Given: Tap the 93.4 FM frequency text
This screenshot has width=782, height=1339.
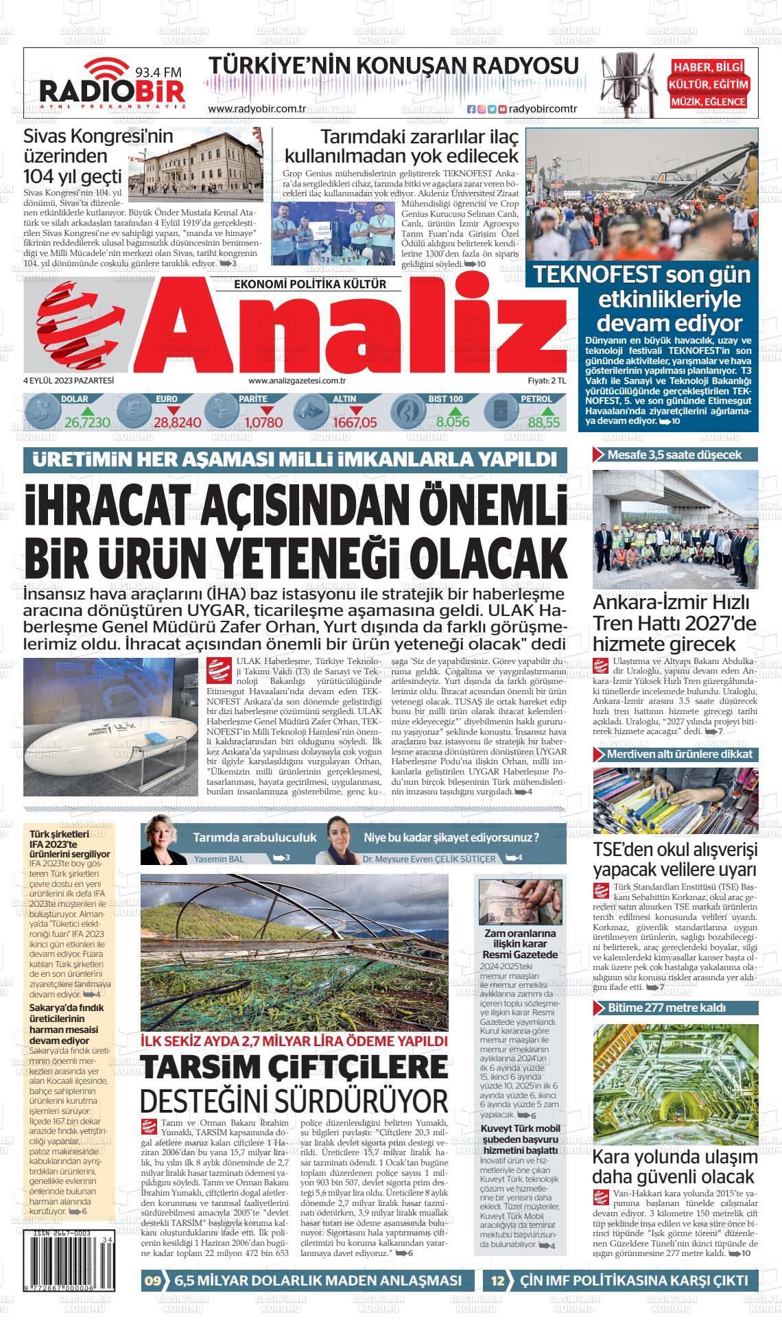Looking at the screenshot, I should tap(158, 71).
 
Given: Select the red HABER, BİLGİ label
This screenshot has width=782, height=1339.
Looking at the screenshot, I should tap(709, 67).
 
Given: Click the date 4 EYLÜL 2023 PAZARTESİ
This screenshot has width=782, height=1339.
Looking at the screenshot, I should tap(68, 381).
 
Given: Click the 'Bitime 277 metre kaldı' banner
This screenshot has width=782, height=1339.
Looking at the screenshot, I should tap(675, 1008).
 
